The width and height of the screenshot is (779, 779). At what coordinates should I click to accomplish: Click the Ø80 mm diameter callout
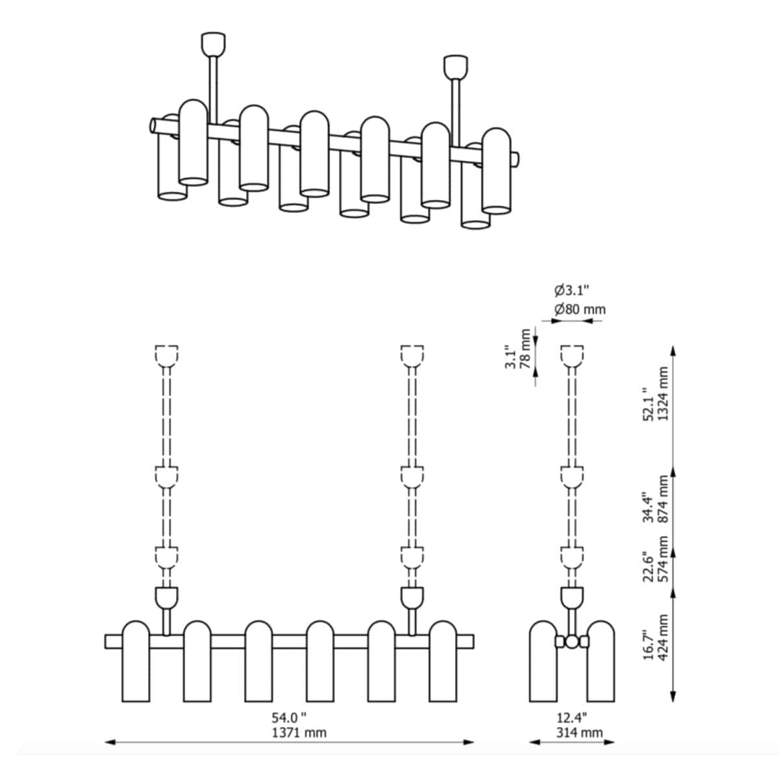pos(580,310)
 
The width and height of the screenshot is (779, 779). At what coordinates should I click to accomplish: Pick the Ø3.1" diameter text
pos(572,290)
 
